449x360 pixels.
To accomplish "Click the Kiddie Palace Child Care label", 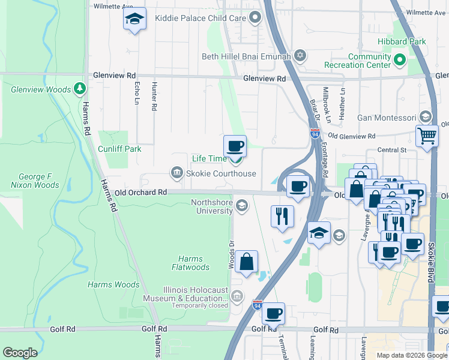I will (200, 18).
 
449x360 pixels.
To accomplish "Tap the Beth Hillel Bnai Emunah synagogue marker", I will (300, 56).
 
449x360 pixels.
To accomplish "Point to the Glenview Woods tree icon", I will (80, 89).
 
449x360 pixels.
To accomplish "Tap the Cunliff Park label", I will (120, 148).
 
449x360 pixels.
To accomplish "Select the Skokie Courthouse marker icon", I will (176, 173).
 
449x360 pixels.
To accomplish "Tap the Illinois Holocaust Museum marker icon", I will (237, 296).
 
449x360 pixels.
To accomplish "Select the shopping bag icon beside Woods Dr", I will (246, 262).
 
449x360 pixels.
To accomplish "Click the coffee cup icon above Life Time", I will (235, 145).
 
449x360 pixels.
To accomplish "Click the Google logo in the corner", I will (20, 353).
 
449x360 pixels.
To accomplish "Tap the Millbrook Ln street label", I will (326, 105).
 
